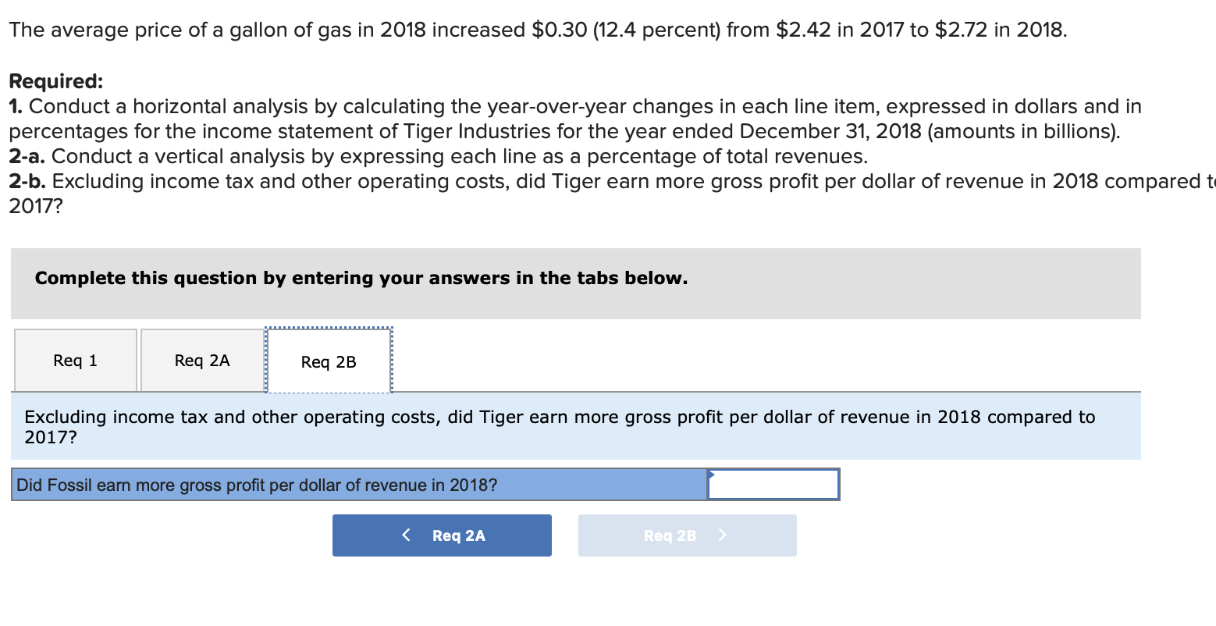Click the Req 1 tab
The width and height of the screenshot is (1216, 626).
pos(76,361)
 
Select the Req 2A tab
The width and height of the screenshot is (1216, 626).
pos(202,361)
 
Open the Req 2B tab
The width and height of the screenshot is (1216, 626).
pos(329,362)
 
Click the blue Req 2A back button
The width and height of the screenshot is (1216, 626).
pos(442,535)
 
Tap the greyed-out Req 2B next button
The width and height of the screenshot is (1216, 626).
pos(687,535)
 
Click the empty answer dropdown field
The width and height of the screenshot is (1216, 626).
pos(773,485)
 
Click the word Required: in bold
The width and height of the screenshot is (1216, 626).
pos(55,81)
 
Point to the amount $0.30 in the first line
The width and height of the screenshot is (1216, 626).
pos(559,30)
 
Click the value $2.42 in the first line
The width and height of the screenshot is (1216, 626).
pos(803,30)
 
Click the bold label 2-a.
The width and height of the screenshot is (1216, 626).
pos(27,157)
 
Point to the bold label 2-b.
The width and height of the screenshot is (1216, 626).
pos(27,182)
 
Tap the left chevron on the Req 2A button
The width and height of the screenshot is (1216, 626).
pos(406,535)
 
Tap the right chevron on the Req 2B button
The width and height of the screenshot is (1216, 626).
pos(722,535)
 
